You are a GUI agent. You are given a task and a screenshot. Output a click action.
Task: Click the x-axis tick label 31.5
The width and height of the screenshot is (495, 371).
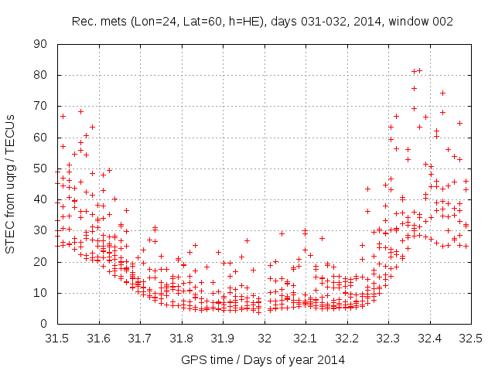[x=56, y=338]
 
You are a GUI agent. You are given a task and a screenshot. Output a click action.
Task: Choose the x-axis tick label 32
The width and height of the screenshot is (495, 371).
[x=265, y=338]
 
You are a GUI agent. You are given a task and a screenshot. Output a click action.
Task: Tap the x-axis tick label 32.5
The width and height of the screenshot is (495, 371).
[x=472, y=338]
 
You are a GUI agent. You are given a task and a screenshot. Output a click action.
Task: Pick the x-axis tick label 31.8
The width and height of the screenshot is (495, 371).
[x=181, y=338]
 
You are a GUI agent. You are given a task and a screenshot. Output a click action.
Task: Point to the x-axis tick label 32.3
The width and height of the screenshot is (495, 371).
[x=389, y=338]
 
